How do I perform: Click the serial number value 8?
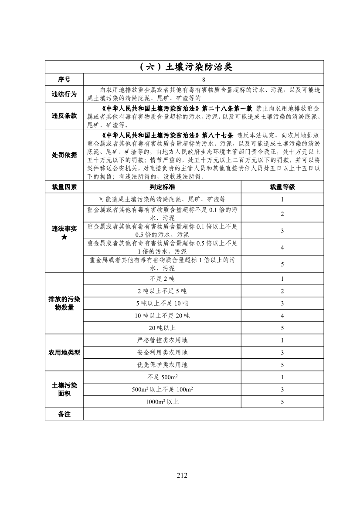click(x=203, y=80)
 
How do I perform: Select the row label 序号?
click(x=64, y=80)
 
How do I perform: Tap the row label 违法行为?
click(x=64, y=94)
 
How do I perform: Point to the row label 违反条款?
click(x=64, y=116)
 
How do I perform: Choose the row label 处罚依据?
click(x=64, y=155)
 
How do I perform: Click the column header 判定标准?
click(x=162, y=187)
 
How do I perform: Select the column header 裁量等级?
click(x=282, y=187)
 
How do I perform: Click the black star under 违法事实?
click(x=64, y=237)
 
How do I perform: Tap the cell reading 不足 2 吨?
click(x=162, y=279)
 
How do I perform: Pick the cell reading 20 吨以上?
click(x=162, y=328)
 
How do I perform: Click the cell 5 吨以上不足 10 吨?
click(x=162, y=303)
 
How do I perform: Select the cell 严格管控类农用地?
click(x=162, y=340)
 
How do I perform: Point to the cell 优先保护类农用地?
click(x=162, y=365)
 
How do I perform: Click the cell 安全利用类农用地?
click(x=162, y=352)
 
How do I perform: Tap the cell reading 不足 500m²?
click(x=162, y=377)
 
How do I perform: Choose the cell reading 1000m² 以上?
click(x=162, y=402)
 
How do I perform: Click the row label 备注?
click(x=64, y=414)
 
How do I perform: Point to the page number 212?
click(x=182, y=475)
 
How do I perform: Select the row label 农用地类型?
click(x=64, y=352)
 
